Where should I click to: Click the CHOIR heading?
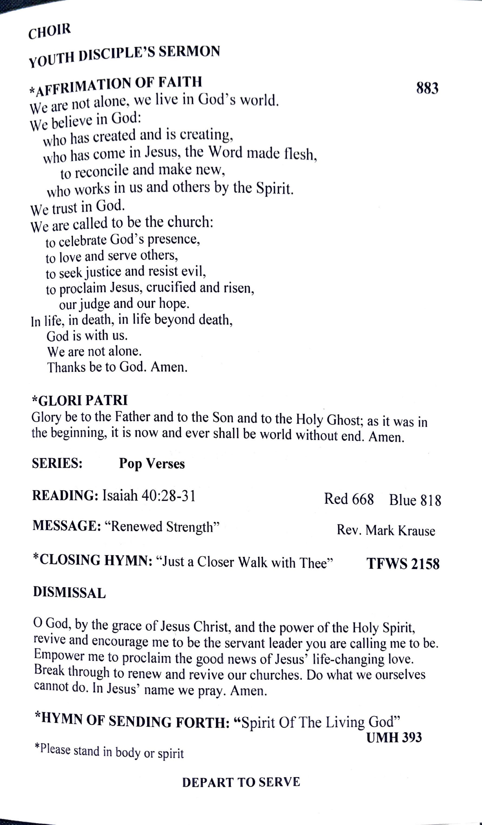pyautogui.click(x=49, y=31)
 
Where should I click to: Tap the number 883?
pyautogui.click(x=427, y=88)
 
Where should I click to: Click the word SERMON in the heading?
pyautogui.click(x=189, y=52)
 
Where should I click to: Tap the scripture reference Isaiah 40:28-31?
pyautogui.click(x=149, y=496)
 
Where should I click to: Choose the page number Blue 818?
pyautogui.click(x=415, y=500)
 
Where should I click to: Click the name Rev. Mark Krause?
pyautogui.click(x=386, y=530)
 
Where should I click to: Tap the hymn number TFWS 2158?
pyautogui.click(x=403, y=564)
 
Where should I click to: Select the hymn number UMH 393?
pyautogui.click(x=394, y=738)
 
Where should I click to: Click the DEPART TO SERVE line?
pyautogui.click(x=241, y=782)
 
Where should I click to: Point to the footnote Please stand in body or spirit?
pyautogui.click(x=109, y=751)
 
